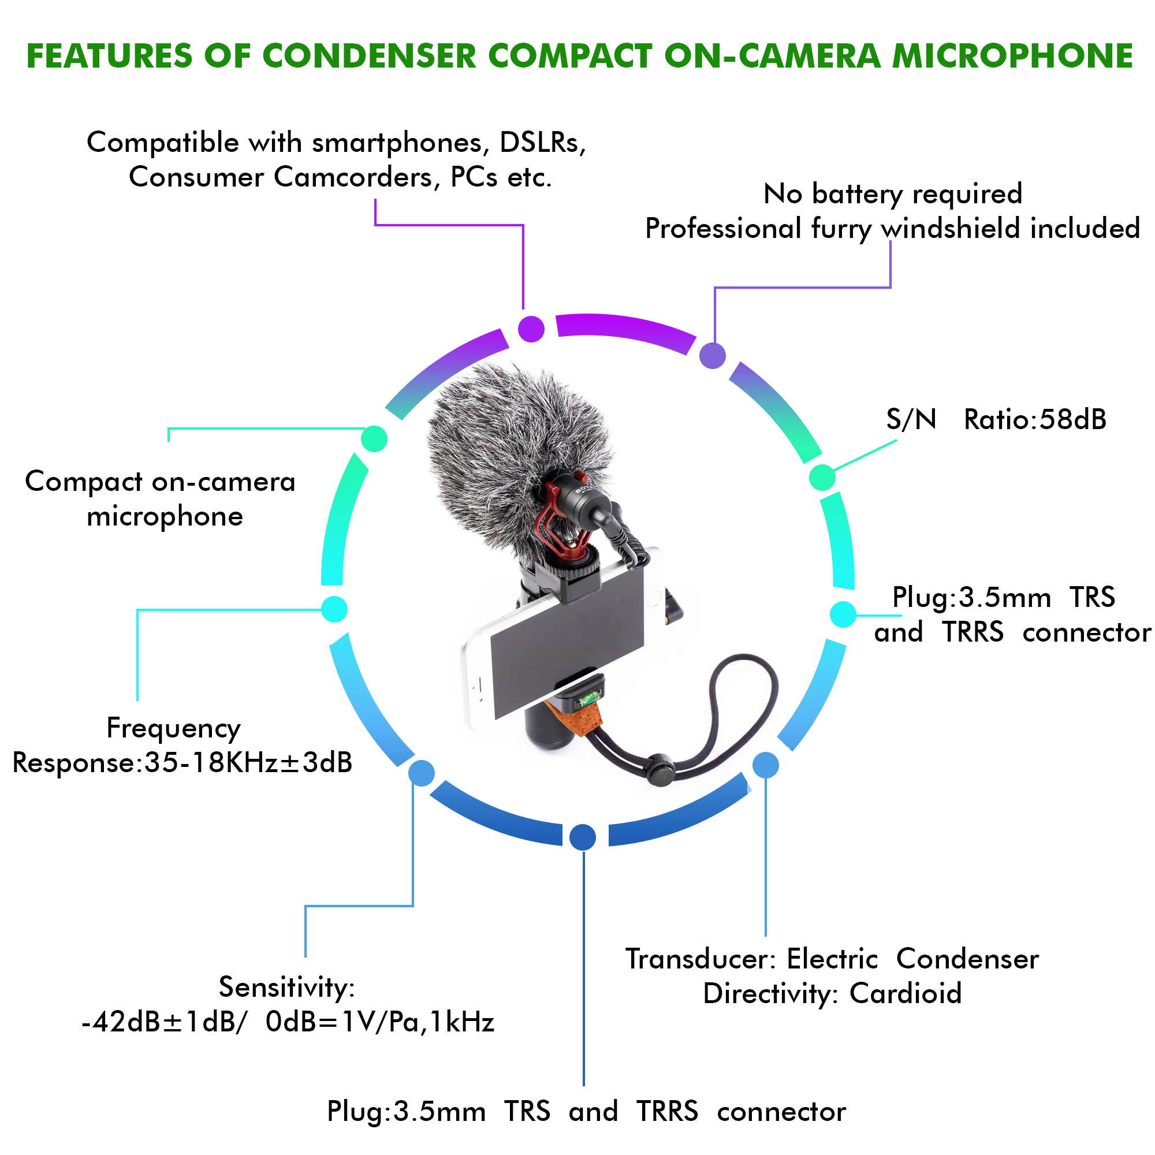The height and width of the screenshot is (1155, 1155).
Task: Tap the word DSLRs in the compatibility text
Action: [542, 142]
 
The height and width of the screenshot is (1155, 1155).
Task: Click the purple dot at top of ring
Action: [531, 329]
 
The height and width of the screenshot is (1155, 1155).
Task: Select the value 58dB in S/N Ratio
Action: [1072, 420]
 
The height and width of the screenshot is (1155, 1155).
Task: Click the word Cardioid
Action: [905, 993]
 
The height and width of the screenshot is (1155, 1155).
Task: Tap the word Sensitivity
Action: [286, 986]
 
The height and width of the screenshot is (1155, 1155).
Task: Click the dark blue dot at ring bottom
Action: [582, 836]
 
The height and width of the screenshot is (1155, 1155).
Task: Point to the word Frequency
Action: [173, 728]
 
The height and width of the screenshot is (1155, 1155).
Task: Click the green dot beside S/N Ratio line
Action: [822, 477]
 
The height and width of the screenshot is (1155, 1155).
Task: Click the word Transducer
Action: [700, 958]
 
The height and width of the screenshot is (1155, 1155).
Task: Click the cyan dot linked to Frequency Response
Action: [334, 609]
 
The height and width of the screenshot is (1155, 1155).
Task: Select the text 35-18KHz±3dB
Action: [248, 763]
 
